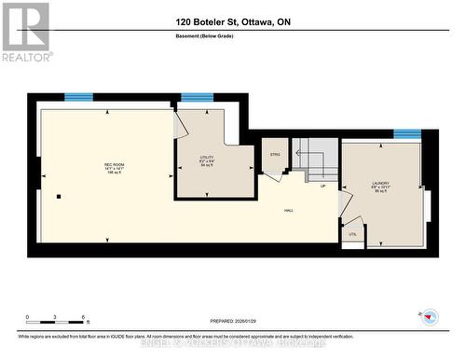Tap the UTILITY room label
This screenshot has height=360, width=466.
[207, 158]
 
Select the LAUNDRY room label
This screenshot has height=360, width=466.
[380, 183]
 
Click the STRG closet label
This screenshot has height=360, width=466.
[275, 154]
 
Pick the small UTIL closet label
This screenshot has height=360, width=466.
[352, 234]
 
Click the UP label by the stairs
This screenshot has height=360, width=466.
[322, 186]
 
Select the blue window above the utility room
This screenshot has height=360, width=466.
[197, 96]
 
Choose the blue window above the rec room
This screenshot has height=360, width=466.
[78, 96]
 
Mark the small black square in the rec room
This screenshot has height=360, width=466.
[58, 196]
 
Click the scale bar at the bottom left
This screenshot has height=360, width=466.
[56, 324]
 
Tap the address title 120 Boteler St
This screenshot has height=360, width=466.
[233, 21]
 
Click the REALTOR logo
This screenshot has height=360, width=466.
[25, 32]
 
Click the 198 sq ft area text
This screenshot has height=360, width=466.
[108, 173]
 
